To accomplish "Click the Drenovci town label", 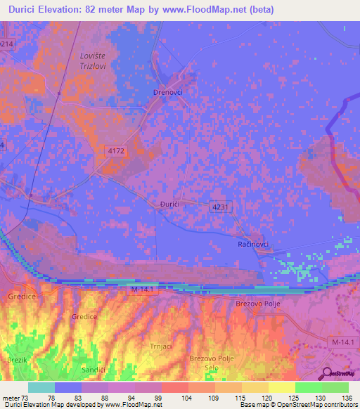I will click(x=168, y=92).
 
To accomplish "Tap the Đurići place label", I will click(x=166, y=204).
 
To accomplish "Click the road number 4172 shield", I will click(x=117, y=169).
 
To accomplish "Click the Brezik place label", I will click(x=16, y=361).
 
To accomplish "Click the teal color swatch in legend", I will click(x=41, y=387).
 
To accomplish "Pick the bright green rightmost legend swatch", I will click(x=335, y=387).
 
